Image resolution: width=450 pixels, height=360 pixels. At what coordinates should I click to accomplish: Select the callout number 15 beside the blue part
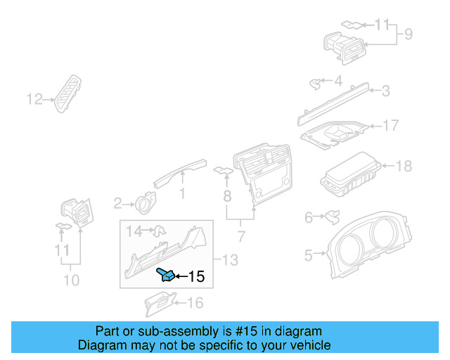tap(197, 277)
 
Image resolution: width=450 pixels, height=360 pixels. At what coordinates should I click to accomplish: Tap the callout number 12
tap(34, 99)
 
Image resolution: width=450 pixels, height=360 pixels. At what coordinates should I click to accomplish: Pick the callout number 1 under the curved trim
tap(182, 192)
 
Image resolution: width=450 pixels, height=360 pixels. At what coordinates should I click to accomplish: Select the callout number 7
tap(240, 235)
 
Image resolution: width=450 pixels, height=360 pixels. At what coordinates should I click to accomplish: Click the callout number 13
tap(230, 260)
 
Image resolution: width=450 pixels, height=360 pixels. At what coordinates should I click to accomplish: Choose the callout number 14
tap(134, 230)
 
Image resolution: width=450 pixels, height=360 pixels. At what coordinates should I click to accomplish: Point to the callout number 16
tap(195, 303)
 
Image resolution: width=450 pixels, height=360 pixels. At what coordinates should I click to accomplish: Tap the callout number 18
tap(404, 167)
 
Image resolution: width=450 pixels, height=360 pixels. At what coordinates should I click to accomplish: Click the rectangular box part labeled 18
tap(350, 176)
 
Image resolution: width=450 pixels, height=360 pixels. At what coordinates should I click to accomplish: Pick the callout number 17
tap(390, 126)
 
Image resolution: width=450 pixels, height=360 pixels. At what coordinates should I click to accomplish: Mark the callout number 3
tap(385, 90)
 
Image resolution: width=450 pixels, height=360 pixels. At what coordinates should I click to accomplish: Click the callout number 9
tap(408, 33)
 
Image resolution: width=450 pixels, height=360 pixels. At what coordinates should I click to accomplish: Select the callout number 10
tap(70, 281)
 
